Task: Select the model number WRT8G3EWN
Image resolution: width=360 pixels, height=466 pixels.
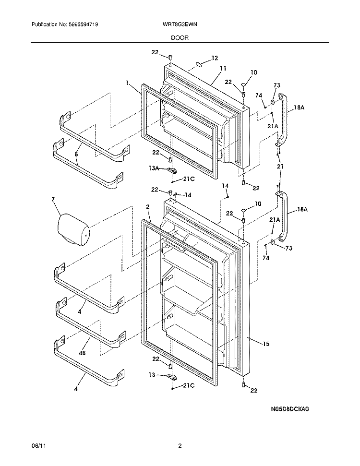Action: pos(180,24)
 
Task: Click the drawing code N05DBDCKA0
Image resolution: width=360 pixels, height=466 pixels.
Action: pos(288,410)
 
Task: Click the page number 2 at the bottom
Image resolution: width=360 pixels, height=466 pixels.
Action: pos(180,446)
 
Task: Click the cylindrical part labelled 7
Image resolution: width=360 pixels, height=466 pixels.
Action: pos(73,231)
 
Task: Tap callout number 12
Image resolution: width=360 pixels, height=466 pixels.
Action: pos(215,58)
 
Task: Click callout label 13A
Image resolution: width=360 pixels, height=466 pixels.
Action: pos(154,168)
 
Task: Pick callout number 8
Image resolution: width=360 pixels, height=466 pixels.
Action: pos(75,154)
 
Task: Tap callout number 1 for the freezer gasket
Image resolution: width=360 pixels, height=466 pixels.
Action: pos(128,83)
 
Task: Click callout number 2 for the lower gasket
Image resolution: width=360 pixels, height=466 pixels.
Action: pos(148,206)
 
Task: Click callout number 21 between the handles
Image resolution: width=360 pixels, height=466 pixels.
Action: pos(280,166)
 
